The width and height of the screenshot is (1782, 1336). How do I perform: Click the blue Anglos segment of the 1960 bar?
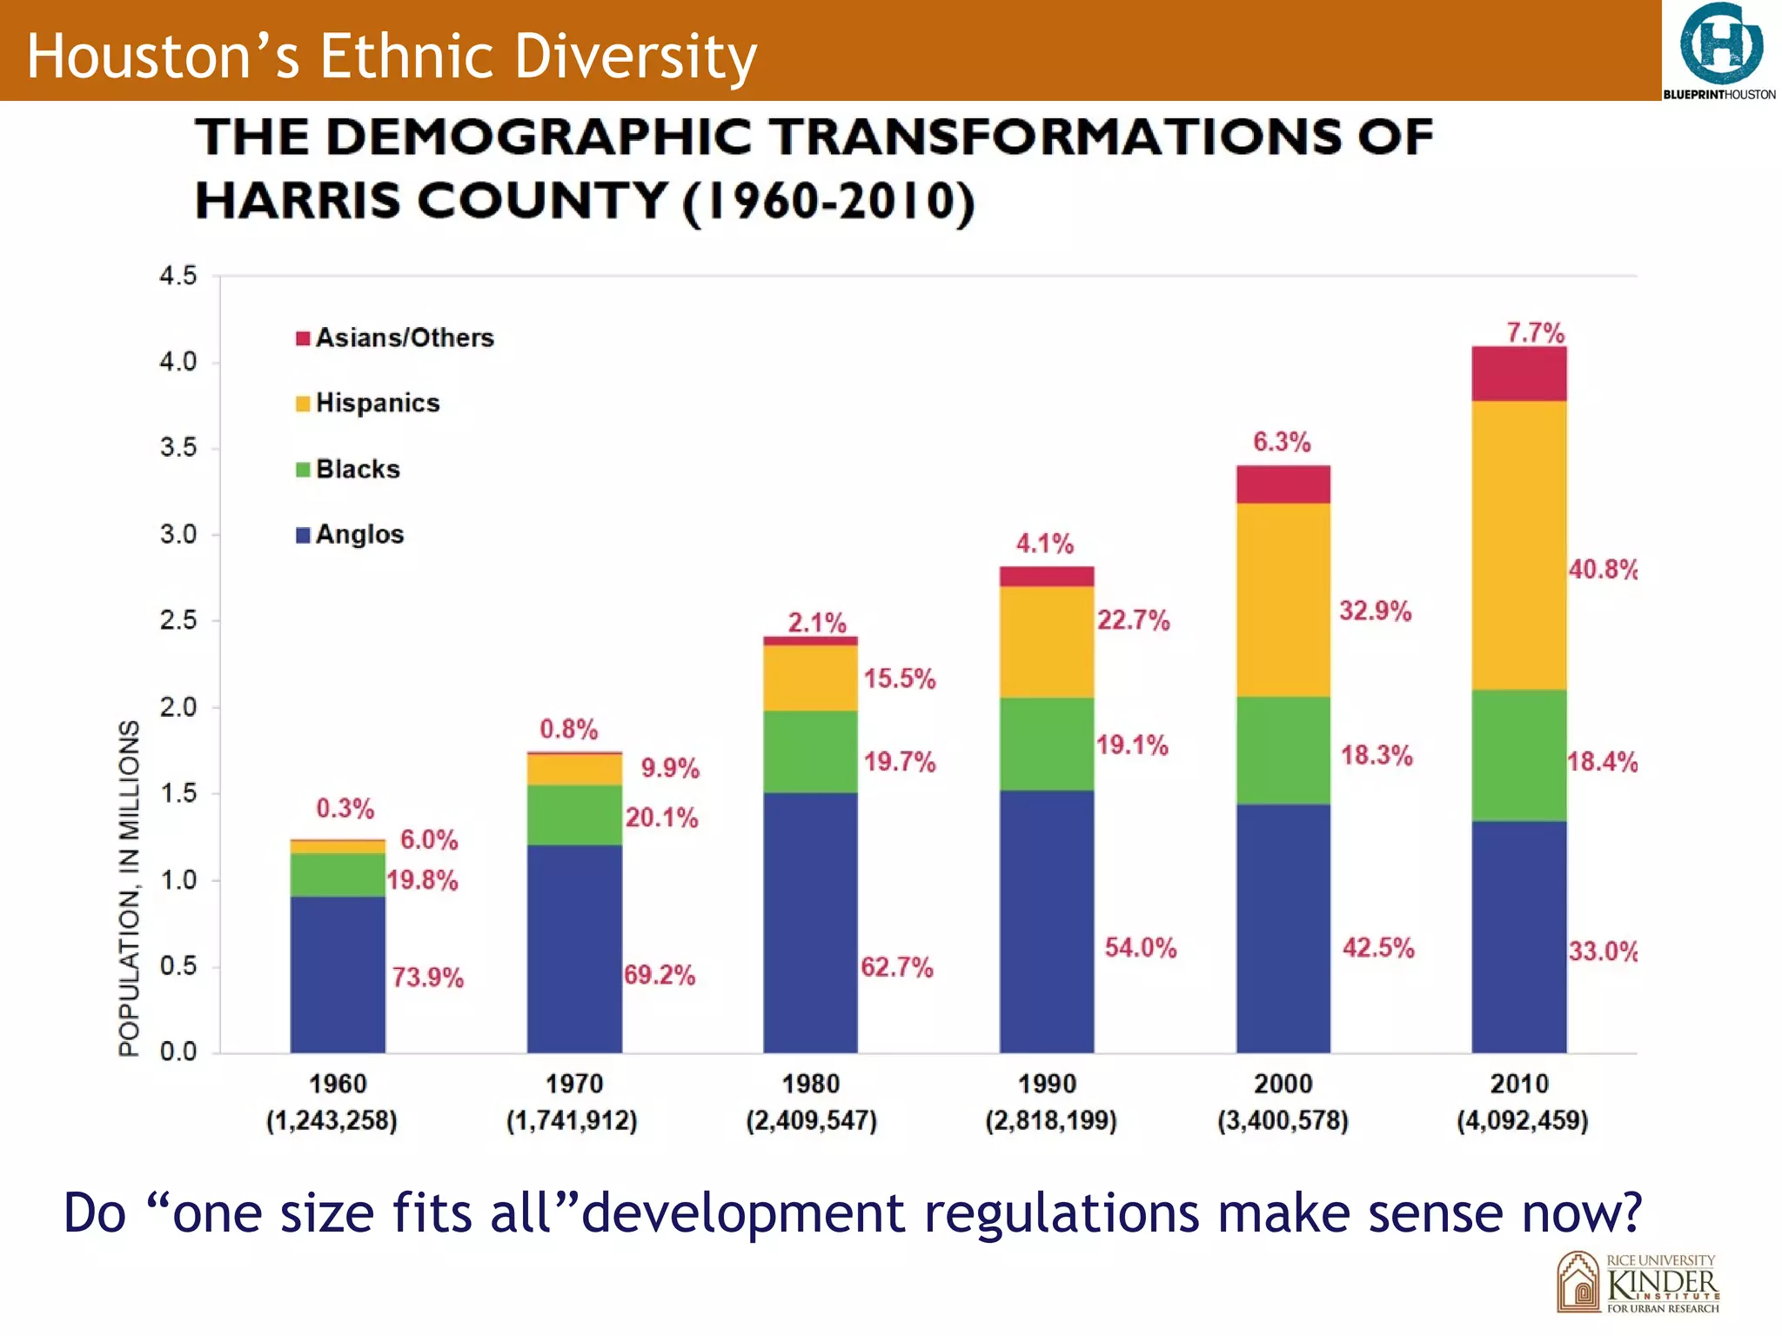338,974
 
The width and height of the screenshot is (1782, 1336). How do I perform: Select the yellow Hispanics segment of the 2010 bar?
1518,545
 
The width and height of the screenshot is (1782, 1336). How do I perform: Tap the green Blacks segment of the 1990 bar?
1046,744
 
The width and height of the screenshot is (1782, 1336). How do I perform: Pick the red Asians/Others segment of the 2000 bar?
1283,484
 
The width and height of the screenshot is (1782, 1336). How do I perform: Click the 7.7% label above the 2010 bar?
1535,332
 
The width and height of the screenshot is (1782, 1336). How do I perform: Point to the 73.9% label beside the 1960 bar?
427,977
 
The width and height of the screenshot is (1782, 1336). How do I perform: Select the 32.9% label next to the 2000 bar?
1375,611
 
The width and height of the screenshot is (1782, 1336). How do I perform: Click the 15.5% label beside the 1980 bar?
899,678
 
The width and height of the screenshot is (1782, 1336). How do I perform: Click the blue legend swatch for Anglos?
303,535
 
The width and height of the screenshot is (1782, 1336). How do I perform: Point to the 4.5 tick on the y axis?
178,276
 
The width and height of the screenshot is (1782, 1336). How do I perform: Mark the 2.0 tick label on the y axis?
178,707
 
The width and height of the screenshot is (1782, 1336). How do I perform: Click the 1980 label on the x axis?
810,1084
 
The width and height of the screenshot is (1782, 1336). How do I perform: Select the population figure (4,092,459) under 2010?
1522,1119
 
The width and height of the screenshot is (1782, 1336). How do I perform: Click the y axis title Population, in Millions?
129,887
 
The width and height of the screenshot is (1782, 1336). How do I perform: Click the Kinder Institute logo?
1638,1282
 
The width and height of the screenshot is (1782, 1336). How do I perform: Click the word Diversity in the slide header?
635,56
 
